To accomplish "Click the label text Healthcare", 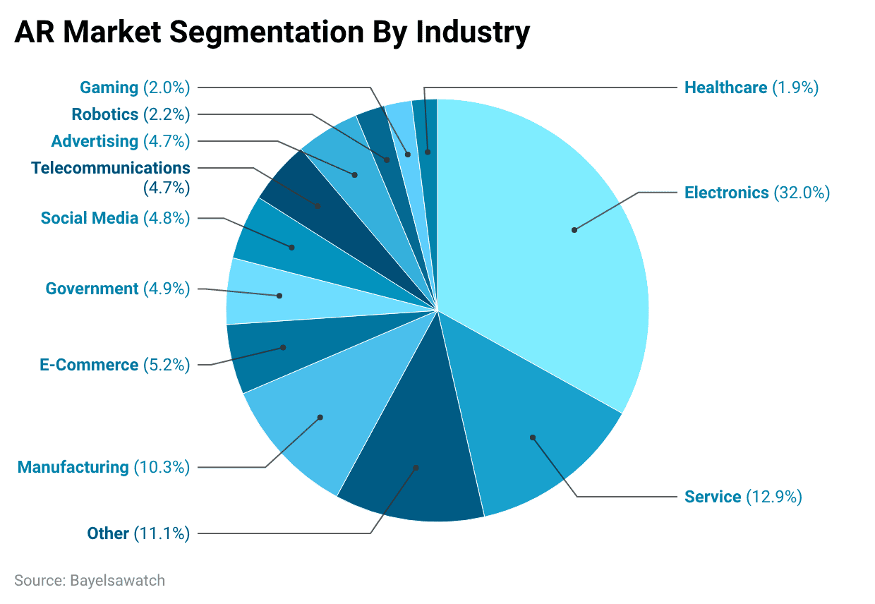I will point(725,88).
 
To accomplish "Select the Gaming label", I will point(109,88).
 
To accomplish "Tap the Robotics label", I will point(104,114).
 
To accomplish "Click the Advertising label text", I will point(95,141).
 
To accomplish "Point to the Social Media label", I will point(90,218).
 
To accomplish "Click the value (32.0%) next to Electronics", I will point(802,193).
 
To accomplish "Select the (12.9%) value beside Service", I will point(774,497).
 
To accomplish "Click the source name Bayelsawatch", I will point(117,581).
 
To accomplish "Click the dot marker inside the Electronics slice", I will point(574,230).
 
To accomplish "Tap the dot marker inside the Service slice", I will point(533,437).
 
